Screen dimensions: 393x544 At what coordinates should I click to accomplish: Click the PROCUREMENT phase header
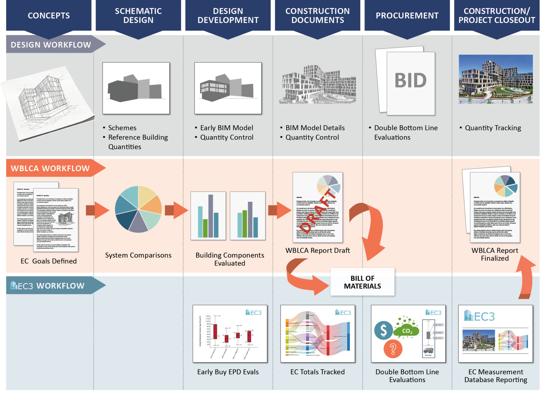pos(407,16)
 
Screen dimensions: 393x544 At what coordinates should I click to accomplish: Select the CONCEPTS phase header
pos(49,16)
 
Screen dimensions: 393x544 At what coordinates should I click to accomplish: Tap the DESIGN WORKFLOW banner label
pos(51,45)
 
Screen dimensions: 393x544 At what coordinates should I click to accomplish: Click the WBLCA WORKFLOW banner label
pos(50,168)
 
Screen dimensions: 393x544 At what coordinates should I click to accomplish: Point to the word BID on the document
pos(411,80)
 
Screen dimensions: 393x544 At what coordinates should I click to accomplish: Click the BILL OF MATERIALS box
pos(362,282)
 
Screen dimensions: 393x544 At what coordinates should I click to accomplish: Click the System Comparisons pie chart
pos(138,209)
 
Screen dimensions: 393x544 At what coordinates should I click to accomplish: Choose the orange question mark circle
pos(393,349)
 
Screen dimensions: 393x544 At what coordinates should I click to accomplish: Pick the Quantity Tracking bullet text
pos(493,128)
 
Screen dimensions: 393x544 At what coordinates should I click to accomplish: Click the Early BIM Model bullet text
pos(226,128)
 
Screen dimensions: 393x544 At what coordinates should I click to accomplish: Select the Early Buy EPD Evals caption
pos(228,372)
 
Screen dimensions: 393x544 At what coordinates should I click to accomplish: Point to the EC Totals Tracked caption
pos(317,372)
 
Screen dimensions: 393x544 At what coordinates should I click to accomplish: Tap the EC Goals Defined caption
pos(49,261)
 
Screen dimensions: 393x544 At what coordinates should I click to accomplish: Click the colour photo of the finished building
pos(496,79)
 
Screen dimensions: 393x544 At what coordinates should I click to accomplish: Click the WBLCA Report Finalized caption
pos(495,254)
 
